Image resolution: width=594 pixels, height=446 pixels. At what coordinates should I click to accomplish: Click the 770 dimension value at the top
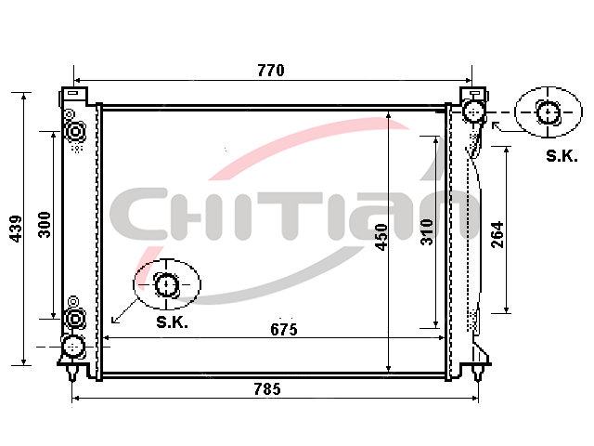coord(270,71)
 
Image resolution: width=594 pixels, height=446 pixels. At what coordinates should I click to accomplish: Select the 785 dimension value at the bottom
coord(267,389)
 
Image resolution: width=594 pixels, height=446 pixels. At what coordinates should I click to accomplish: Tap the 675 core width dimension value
coord(284,330)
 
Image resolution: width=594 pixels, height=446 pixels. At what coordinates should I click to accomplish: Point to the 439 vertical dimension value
coord(16,229)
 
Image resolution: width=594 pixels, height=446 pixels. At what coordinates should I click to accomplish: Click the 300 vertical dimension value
coord(45,225)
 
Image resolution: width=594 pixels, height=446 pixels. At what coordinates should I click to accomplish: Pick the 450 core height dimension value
coord(381,237)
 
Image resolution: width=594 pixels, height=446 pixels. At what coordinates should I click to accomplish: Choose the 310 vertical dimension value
coord(427,231)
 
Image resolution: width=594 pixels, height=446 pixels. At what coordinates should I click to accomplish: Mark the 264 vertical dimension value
coord(497,235)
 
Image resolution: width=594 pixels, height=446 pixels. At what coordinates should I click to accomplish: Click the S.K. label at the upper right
coord(562,156)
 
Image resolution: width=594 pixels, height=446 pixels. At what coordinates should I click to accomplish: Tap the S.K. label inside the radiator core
coord(172,322)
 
